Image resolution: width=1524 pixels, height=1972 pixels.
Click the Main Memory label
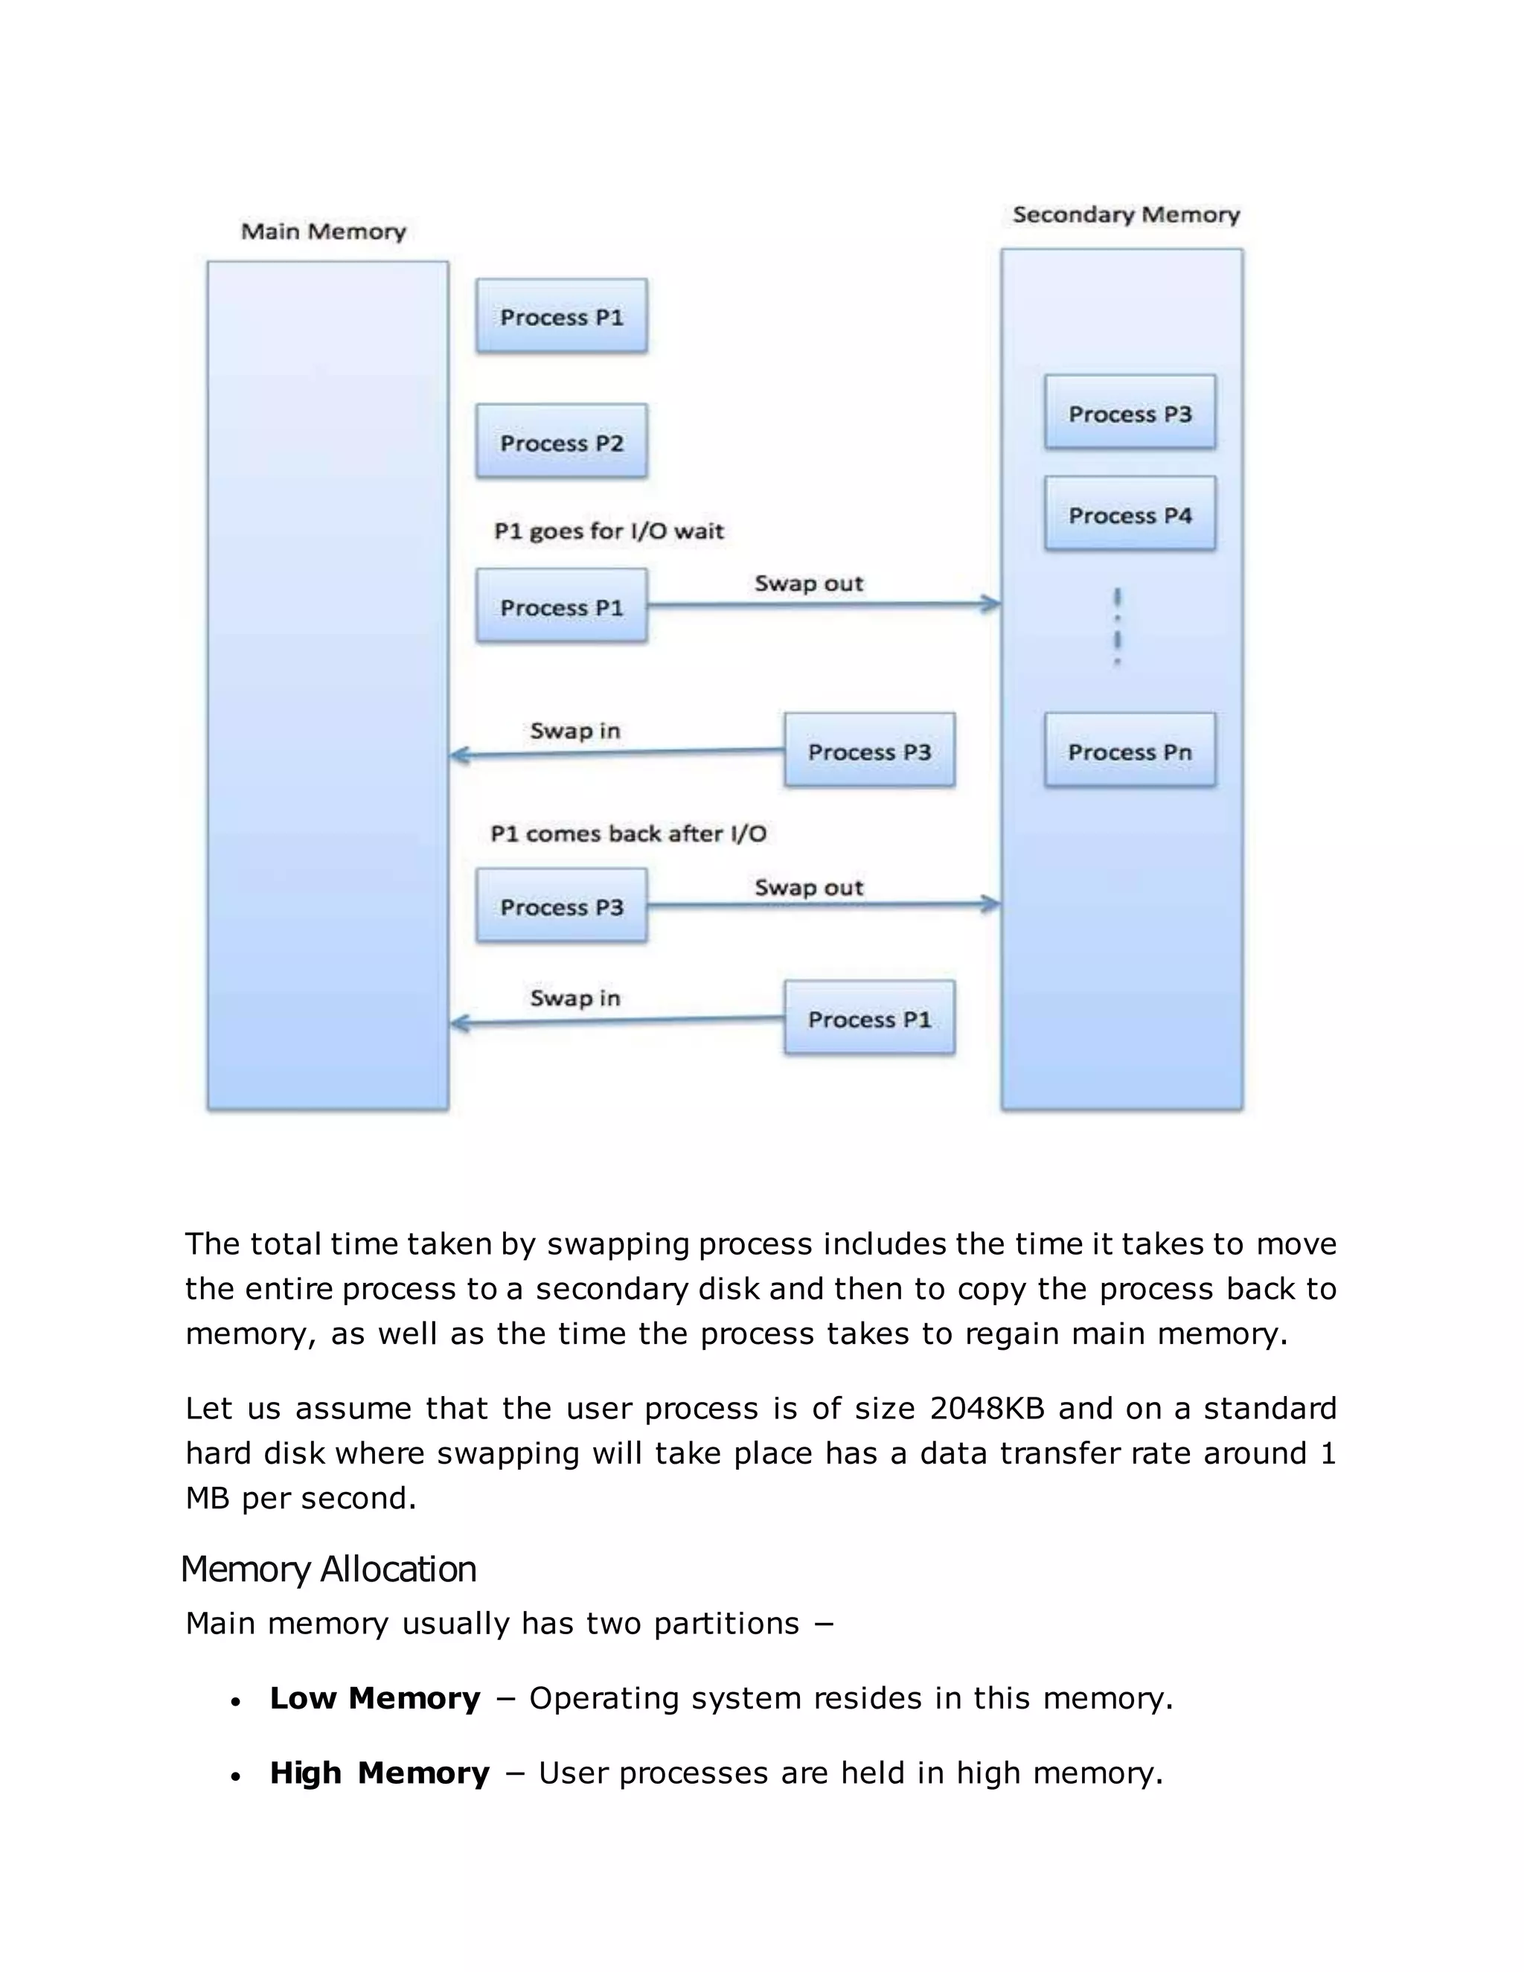[323, 232]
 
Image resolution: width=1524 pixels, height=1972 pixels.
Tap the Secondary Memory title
[1125, 215]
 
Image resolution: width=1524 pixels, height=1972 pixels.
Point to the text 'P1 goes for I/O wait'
[609, 531]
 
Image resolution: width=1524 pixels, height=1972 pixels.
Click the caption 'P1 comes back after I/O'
[627, 833]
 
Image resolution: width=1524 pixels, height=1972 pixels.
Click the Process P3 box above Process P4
[1130, 413]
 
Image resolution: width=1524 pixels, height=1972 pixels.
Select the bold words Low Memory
[375, 1698]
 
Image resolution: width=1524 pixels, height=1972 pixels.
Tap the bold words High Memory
[380, 1773]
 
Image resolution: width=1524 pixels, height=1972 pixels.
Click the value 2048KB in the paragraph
[987, 1409]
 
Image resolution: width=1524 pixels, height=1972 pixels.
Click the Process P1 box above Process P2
[562, 316]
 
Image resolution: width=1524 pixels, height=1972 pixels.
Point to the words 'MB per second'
[300, 1499]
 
